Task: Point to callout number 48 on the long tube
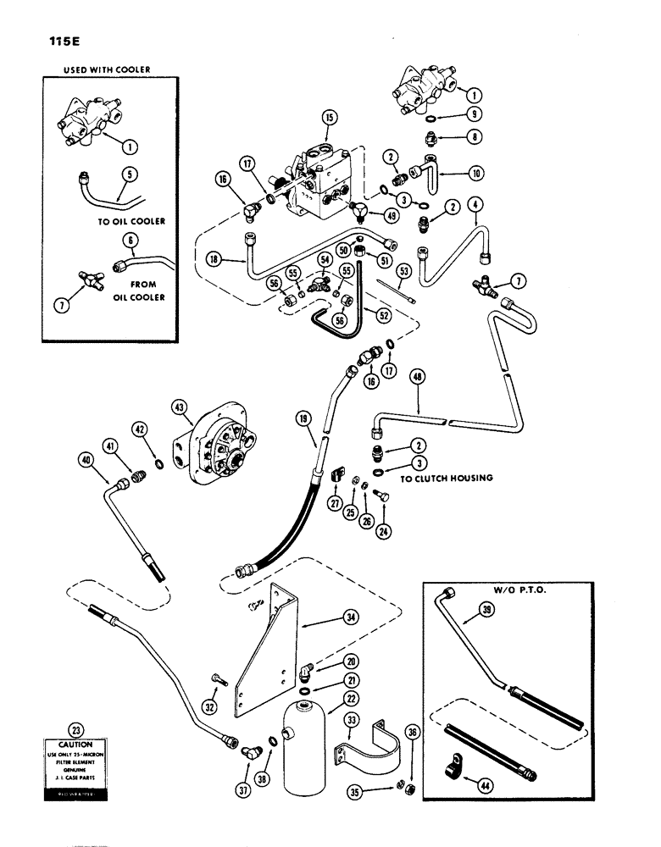(x=416, y=375)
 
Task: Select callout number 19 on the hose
(x=303, y=418)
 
